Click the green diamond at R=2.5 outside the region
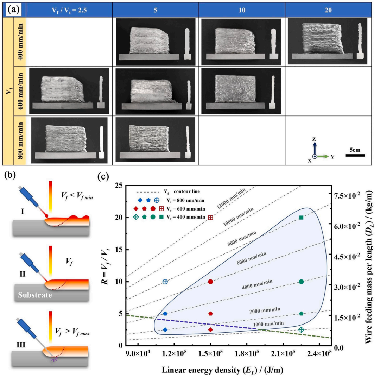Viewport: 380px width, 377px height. [301, 329]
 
